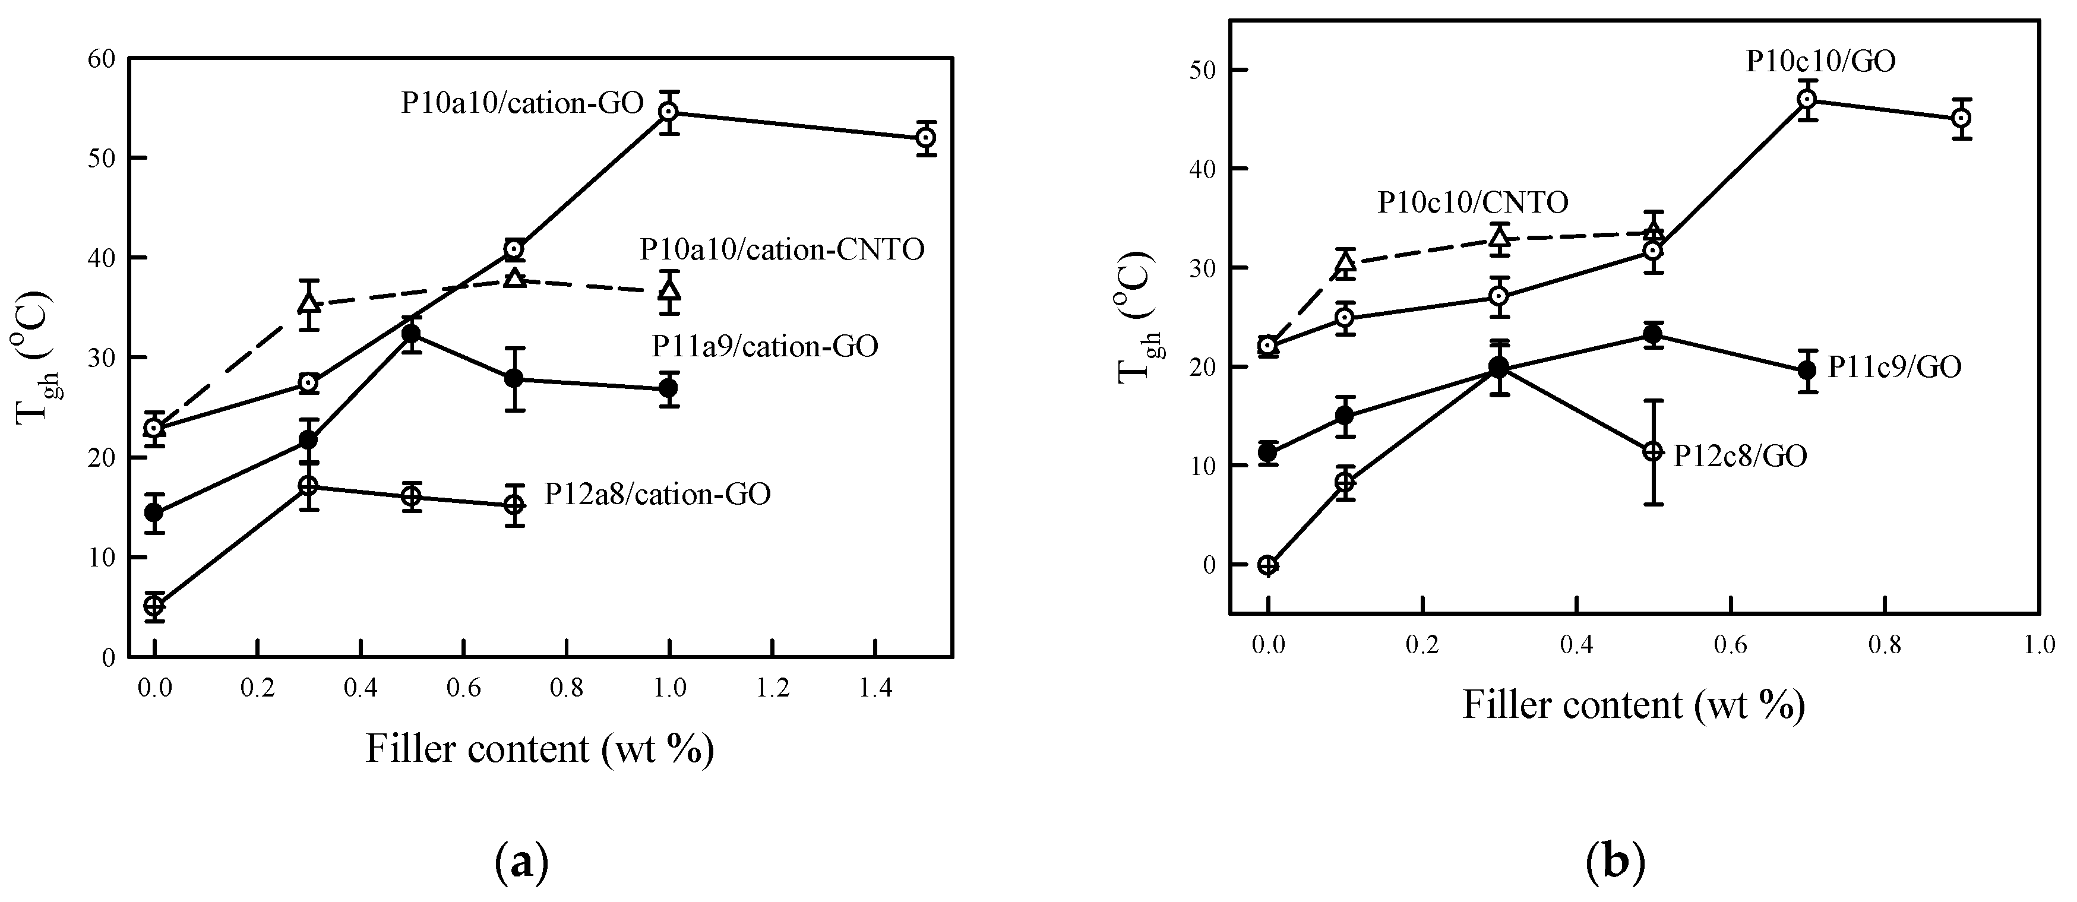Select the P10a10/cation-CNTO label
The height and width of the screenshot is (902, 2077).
(x=782, y=250)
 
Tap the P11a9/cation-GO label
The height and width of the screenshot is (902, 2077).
(x=764, y=347)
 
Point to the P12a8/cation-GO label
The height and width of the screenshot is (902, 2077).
(x=657, y=494)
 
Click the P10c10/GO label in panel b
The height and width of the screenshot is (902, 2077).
(x=1820, y=61)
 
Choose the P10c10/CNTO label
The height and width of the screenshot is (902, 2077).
(x=1472, y=202)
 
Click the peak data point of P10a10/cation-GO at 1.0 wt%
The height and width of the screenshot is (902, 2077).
(x=668, y=112)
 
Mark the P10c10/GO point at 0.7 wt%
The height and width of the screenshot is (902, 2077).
(x=1807, y=100)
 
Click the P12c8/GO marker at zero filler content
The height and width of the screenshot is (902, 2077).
(x=1268, y=565)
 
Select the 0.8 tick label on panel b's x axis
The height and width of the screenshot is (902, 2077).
(x=1885, y=645)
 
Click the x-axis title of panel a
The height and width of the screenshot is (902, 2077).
(x=540, y=749)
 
